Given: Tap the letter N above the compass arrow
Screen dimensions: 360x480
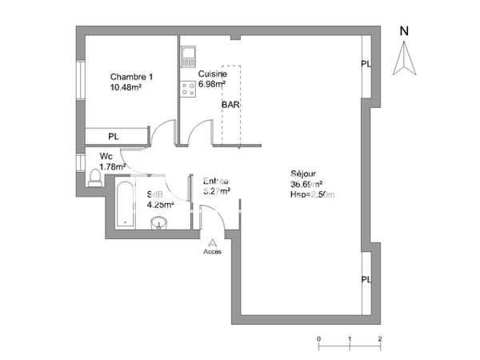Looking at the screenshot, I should coord(405,32).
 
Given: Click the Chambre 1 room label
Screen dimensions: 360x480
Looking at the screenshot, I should coord(131,77).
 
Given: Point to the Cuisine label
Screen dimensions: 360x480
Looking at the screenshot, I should coord(212,74).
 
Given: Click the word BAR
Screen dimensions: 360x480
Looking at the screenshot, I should coord(232,105).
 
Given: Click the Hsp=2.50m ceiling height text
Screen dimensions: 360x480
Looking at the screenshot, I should coord(313,194).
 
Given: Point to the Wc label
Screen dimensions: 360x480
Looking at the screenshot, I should coord(106,156).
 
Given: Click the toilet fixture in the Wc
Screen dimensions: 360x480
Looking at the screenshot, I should coord(95,175).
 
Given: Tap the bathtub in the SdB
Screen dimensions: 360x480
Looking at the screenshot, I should coord(126,203).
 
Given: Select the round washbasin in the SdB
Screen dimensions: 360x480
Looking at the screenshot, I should coord(159,222).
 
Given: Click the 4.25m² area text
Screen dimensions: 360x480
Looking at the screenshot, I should coord(160,204).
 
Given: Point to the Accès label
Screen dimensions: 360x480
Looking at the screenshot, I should coord(212,251).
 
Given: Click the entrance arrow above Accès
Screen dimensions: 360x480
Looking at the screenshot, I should coord(212,242).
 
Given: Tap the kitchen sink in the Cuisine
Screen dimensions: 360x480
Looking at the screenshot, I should coord(189,55).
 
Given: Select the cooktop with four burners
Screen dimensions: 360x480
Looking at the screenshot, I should coord(189,89).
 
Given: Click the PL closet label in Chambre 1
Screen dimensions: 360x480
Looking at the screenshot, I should coord(114,137).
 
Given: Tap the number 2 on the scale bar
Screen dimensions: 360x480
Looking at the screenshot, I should coord(379,338).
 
